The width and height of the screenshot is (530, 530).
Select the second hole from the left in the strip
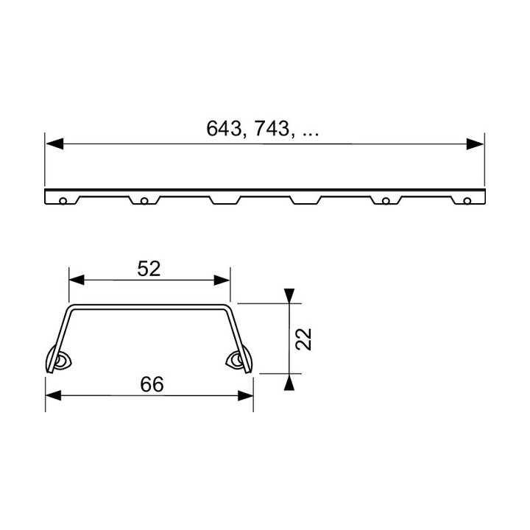(x=144, y=199)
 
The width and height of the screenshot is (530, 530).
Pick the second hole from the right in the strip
(x=386, y=199)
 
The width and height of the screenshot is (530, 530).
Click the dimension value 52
(x=149, y=269)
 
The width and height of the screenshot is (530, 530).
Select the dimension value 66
(x=149, y=384)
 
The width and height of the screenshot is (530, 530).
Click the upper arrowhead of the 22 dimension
(x=291, y=295)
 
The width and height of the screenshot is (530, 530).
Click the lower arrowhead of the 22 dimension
(x=291, y=381)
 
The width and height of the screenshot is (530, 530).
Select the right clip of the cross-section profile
(x=239, y=360)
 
